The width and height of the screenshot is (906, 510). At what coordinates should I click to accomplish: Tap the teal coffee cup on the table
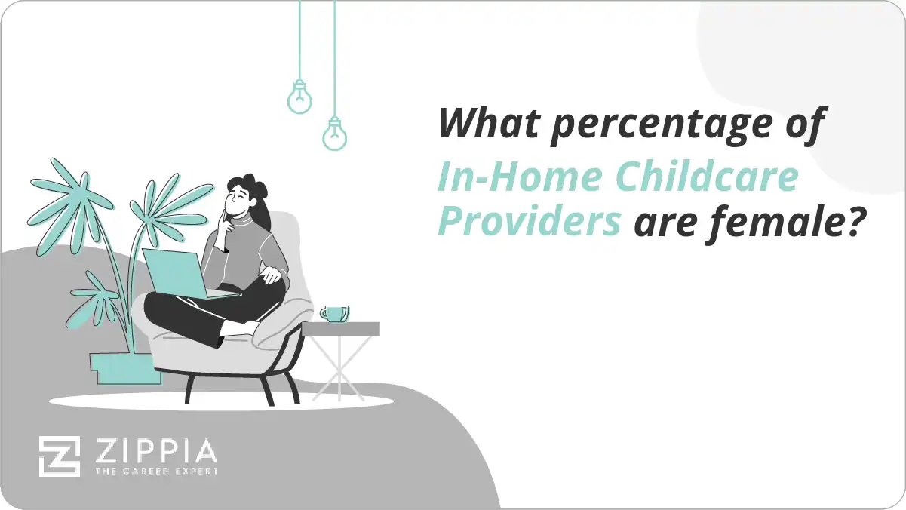click(333, 313)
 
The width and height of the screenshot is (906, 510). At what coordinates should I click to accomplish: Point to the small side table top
click(340, 328)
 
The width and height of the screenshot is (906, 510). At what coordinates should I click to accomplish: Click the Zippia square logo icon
click(60, 456)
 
